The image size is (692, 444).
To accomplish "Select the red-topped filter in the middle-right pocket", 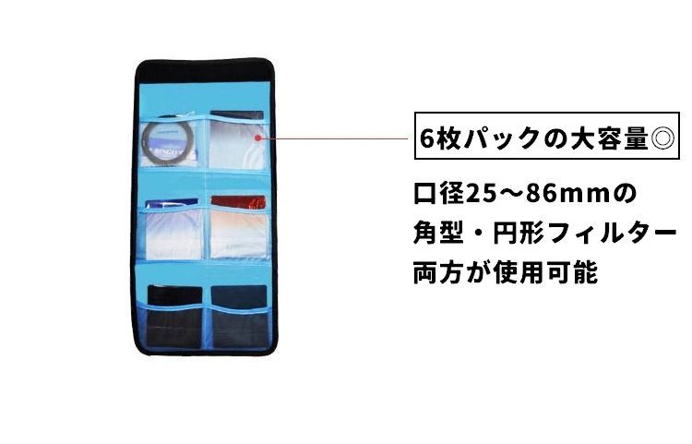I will coord(237,226).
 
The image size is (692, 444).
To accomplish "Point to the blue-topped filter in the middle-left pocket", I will coord(173,228).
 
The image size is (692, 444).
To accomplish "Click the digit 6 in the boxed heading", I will coord(427,141).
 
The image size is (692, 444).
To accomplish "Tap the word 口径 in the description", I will coord(438,197).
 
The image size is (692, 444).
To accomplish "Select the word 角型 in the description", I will coord(438,235).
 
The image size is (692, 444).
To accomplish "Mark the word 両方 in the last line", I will coord(438,273).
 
